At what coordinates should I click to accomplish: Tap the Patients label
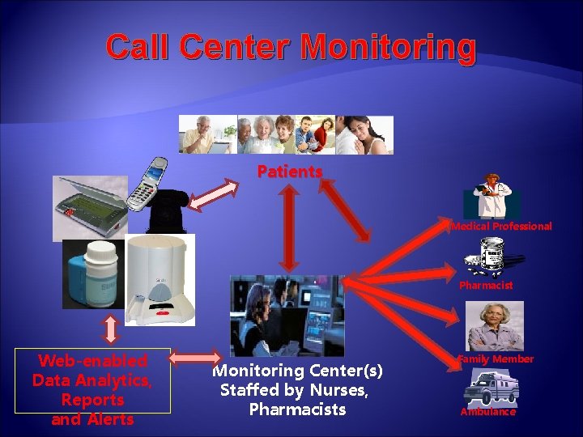click(290, 172)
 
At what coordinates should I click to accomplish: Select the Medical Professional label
click(501, 227)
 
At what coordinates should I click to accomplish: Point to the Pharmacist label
click(486, 286)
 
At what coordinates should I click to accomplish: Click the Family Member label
click(495, 359)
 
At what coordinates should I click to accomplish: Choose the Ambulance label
click(487, 412)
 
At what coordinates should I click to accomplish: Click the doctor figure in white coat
click(492, 196)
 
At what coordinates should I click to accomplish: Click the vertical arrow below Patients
click(289, 227)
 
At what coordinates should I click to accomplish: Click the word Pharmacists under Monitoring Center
click(297, 409)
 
